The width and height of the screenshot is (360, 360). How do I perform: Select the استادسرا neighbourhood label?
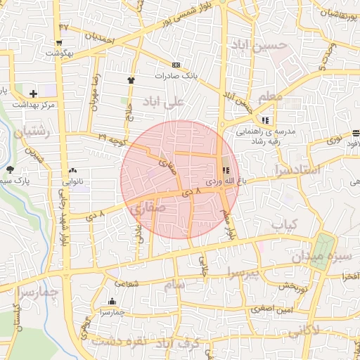[x=300, y=169]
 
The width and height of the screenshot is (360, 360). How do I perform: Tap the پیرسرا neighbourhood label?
[x=244, y=273]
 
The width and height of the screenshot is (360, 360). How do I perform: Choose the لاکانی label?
[x=323, y=330]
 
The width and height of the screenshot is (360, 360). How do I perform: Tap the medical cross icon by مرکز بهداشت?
[x=33, y=94]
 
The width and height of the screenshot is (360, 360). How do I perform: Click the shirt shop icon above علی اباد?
[x=131, y=80]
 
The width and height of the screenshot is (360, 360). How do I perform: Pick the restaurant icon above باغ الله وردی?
[x=225, y=169]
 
